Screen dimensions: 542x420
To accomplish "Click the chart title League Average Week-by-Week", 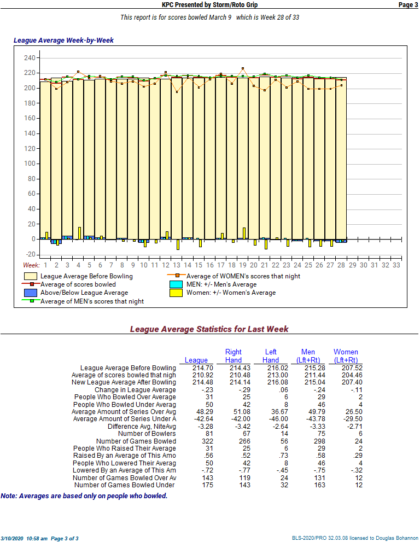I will [63, 40].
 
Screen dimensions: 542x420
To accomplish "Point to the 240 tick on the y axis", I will [30, 58].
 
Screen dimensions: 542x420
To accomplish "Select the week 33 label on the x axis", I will [396, 265].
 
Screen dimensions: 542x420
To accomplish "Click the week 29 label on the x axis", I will [352, 265].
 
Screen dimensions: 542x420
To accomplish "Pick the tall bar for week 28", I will [341, 159].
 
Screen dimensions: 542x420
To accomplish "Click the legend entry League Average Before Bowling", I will [86, 276].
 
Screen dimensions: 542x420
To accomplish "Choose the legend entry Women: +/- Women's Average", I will [230, 293].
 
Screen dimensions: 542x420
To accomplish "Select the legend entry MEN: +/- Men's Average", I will [221, 284].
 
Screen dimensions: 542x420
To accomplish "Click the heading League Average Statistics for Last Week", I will [209, 329].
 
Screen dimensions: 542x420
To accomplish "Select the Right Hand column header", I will [234, 356].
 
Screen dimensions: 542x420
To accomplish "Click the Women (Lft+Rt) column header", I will [346, 356].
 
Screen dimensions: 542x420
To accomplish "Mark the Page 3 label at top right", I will [408, 5].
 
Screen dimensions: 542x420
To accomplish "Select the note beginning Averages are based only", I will [84, 496].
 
